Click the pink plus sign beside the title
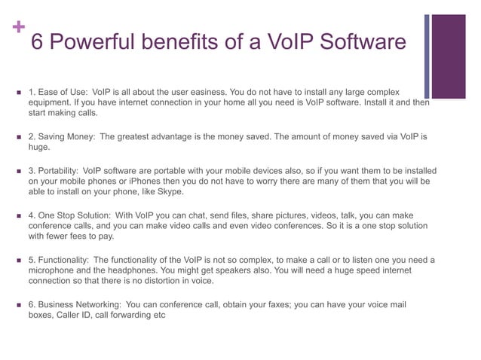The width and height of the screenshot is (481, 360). point(17,28)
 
